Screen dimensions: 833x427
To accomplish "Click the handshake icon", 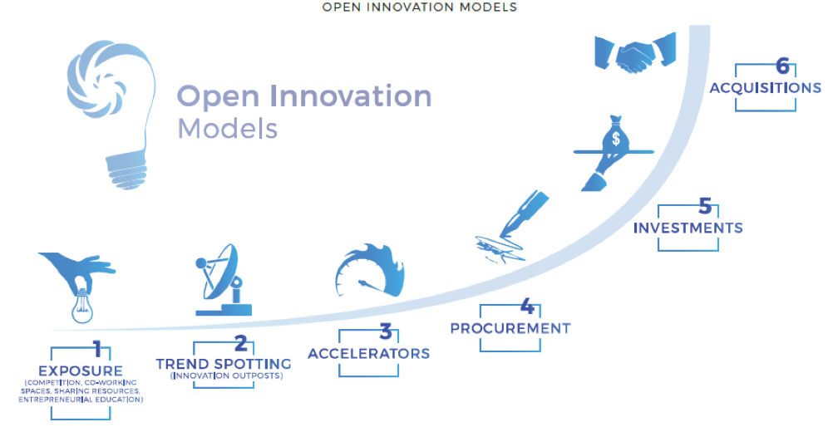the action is pyautogui.click(x=635, y=52).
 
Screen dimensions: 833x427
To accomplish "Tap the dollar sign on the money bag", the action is pyautogui.click(x=616, y=139).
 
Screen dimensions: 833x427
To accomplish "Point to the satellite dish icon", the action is pyautogui.click(x=224, y=280).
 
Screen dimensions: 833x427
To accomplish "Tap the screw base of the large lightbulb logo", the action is pyautogui.click(x=126, y=169).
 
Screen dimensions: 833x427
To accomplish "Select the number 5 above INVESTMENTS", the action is pyautogui.click(x=705, y=205).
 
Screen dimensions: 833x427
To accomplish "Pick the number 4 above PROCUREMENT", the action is pyautogui.click(x=527, y=306).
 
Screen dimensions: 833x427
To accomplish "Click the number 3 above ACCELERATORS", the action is pyautogui.click(x=386, y=331).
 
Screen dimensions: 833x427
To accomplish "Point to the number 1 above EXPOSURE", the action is pyautogui.click(x=98, y=349).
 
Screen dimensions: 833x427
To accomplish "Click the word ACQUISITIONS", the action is pyautogui.click(x=766, y=87).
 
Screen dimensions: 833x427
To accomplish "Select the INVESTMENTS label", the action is pyautogui.click(x=688, y=228).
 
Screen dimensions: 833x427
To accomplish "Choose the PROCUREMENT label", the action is pyautogui.click(x=510, y=328).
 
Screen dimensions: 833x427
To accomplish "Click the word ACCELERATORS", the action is pyautogui.click(x=368, y=354).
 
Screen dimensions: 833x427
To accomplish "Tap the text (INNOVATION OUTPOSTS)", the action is pyautogui.click(x=227, y=375).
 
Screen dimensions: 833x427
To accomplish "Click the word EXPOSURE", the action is pyautogui.click(x=81, y=371).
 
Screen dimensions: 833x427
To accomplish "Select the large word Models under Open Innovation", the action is pyautogui.click(x=228, y=129).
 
